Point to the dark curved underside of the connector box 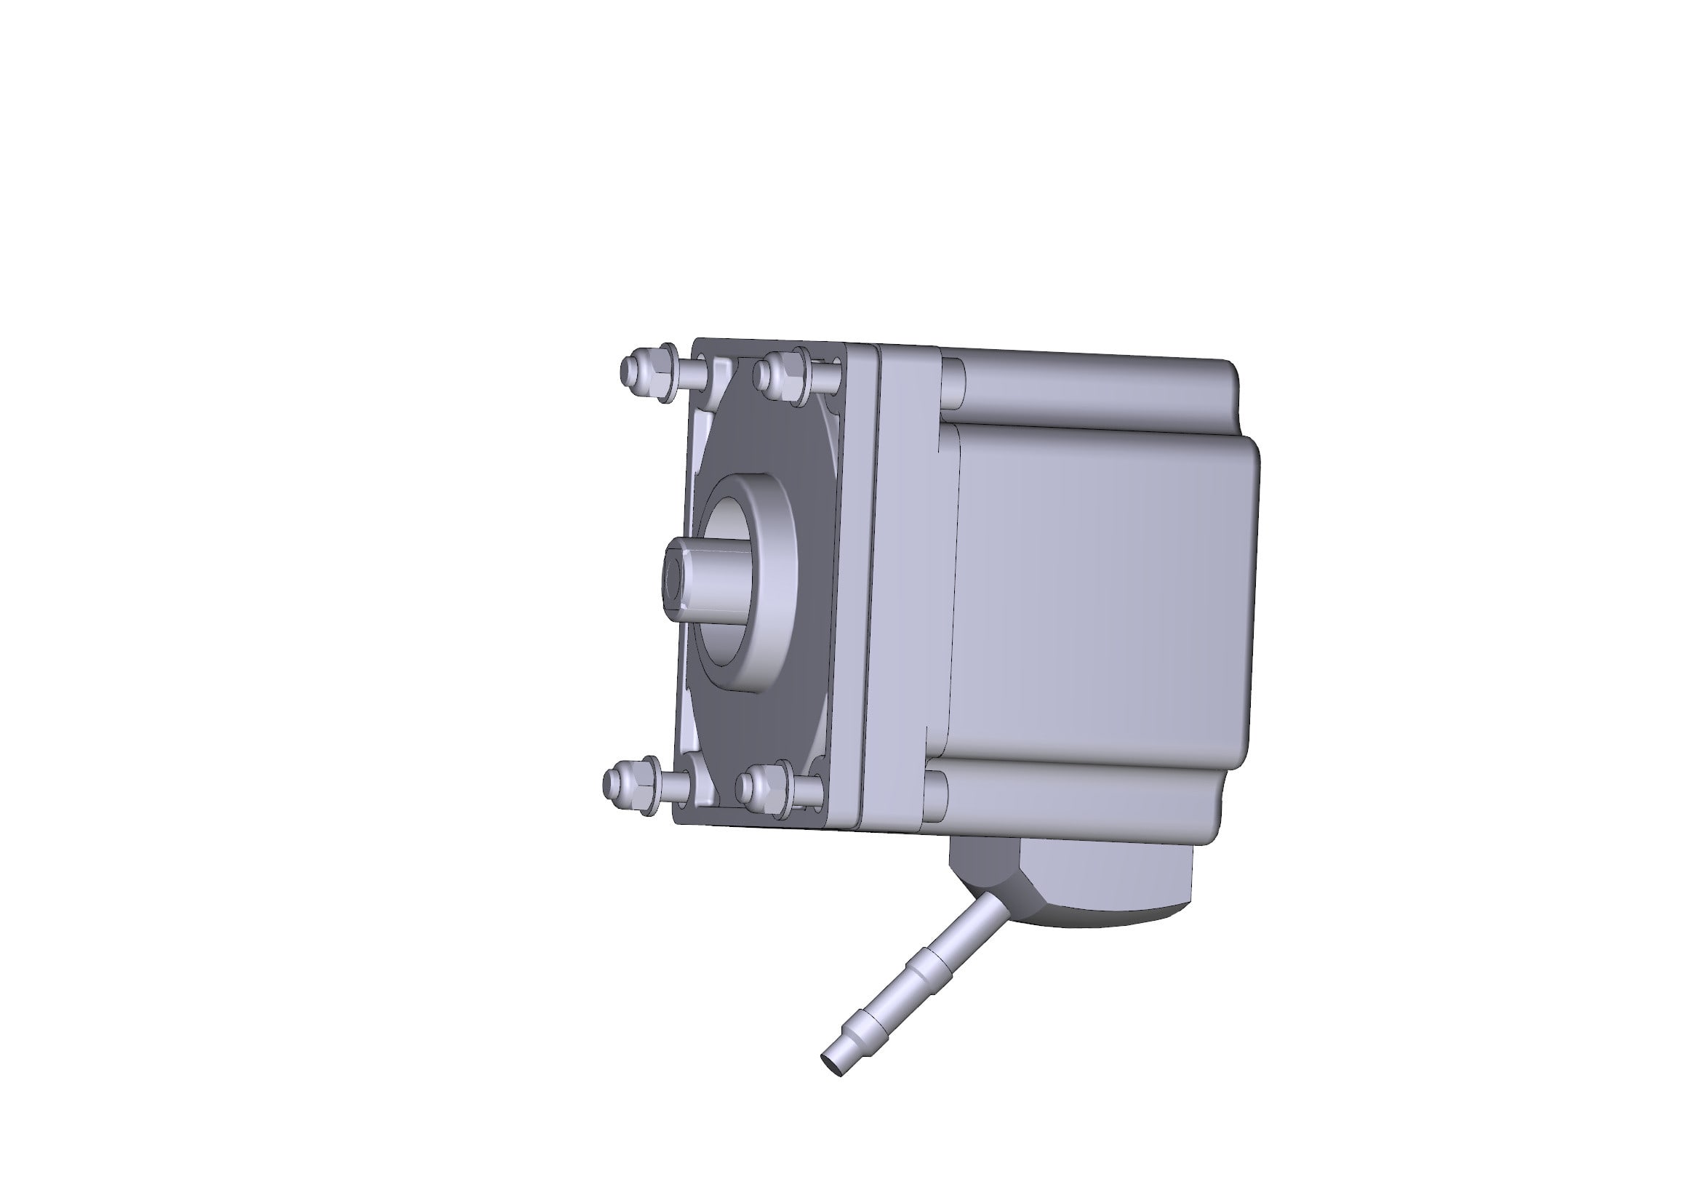1097,921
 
